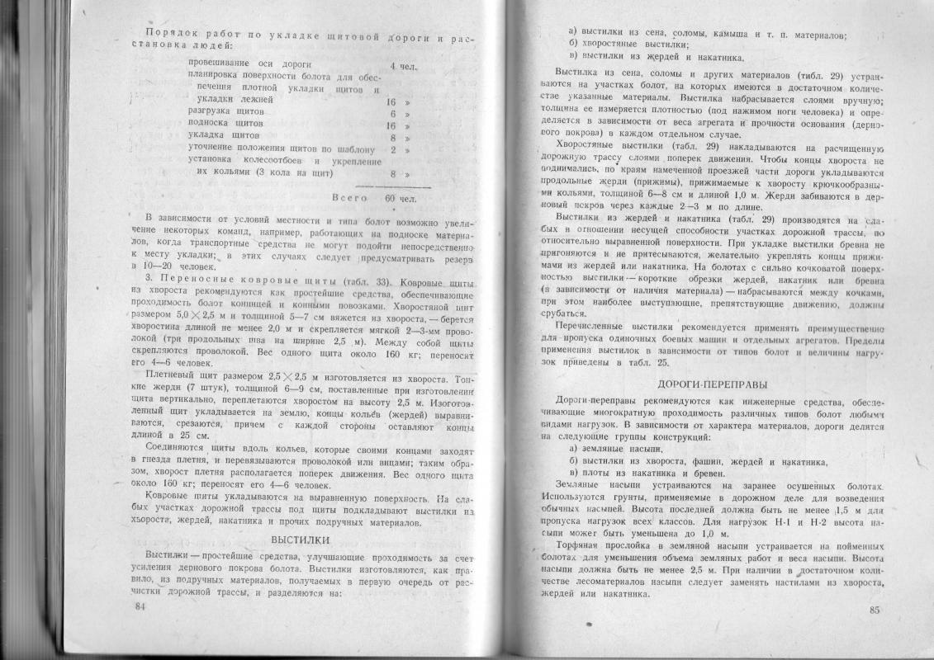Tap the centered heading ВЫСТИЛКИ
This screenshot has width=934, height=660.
tap(301, 540)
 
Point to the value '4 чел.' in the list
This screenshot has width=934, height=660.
tap(404, 64)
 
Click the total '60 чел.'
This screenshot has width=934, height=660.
tap(401, 198)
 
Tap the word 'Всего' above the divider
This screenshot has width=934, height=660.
tap(348, 198)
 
